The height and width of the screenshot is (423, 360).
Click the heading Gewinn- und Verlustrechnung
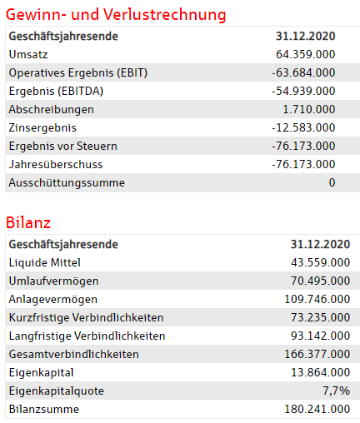pyautogui.click(x=116, y=15)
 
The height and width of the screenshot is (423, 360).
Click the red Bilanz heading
pyautogui.click(x=28, y=222)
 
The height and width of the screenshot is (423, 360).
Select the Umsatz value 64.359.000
pyautogui.click(x=306, y=54)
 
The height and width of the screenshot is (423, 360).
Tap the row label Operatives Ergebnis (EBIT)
pyautogui.click(x=77, y=72)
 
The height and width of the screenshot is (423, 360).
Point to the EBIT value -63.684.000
pyautogui.click(x=303, y=72)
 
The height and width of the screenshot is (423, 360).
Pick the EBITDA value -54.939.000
pyautogui.click(x=303, y=91)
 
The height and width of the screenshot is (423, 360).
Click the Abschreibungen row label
pyautogui.click(x=51, y=109)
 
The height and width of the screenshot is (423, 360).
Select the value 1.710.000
pyautogui.click(x=309, y=109)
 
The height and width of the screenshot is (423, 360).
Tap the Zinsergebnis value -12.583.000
pyautogui.click(x=303, y=127)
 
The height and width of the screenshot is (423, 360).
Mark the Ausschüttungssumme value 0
pyautogui.click(x=332, y=182)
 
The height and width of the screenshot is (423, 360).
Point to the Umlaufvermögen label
pyautogui.click(x=53, y=281)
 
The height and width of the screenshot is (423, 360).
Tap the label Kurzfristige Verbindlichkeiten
pyautogui.click(x=86, y=317)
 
